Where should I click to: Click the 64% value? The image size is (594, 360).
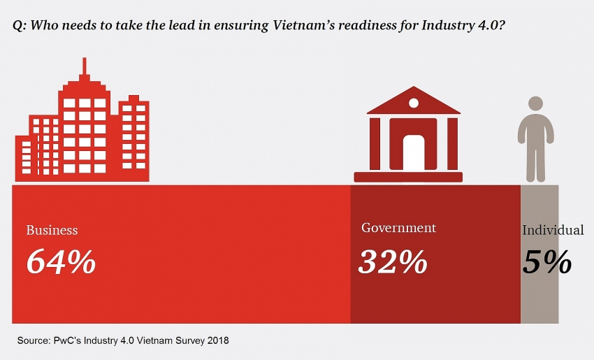pos(61,261)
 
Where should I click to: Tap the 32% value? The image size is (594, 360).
pos(393,261)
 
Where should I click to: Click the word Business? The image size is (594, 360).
pos(52,230)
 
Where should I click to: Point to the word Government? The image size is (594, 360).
pos(398,228)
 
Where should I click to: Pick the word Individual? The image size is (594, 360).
pos(553,230)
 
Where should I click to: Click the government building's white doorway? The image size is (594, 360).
pos(413,152)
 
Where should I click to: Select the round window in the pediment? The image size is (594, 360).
pos(413,103)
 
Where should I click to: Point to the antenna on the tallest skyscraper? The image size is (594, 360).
pos(85,67)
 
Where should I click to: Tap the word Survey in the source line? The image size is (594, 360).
pos(189,340)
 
